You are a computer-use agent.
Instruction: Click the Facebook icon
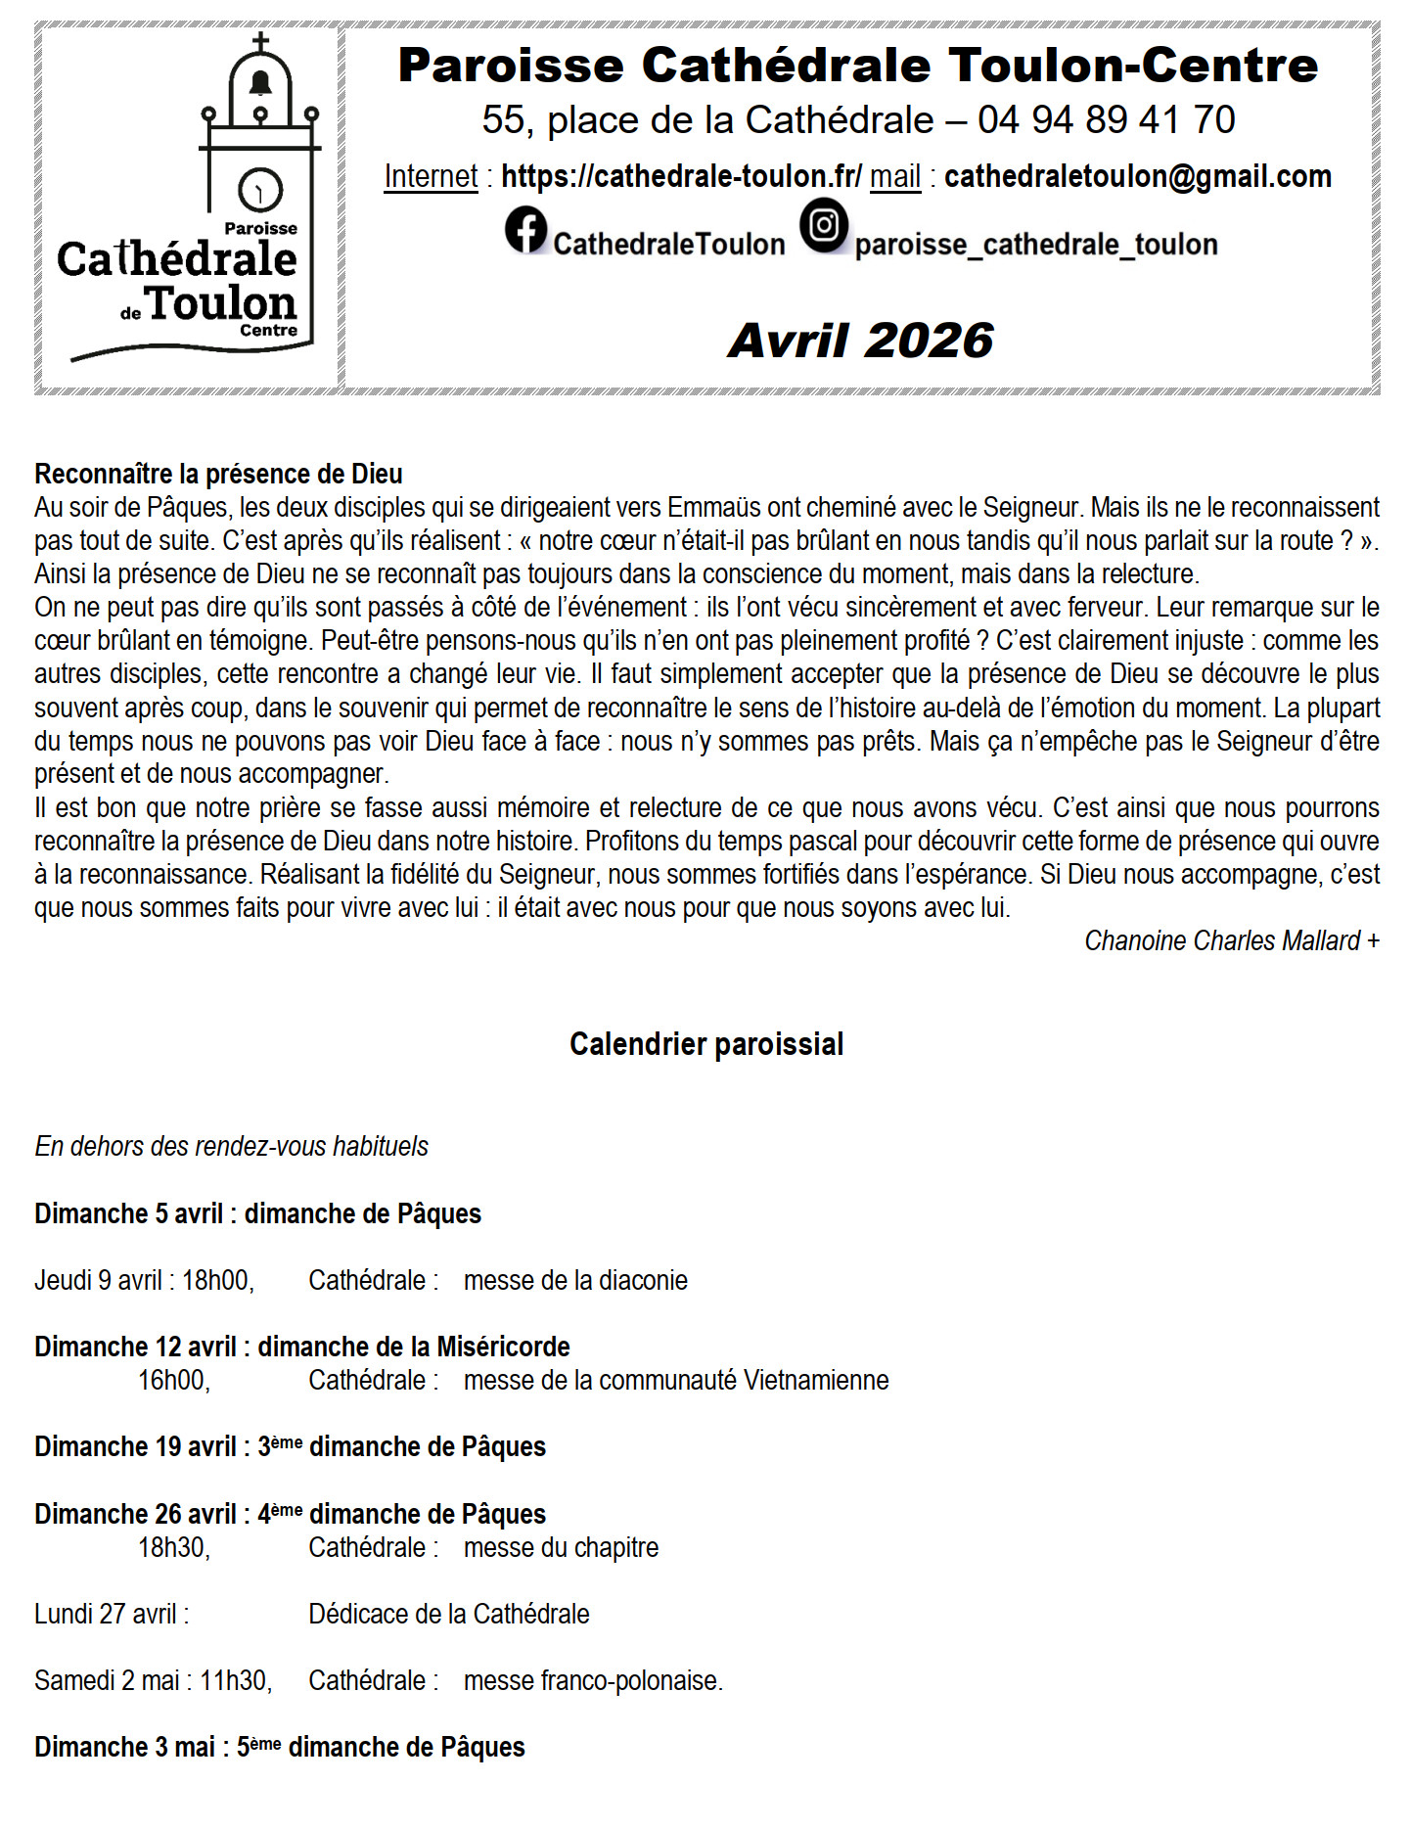tap(525, 230)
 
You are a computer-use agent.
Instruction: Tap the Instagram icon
tap(824, 225)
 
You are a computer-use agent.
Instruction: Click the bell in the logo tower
tap(260, 83)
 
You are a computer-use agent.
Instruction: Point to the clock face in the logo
tap(260, 189)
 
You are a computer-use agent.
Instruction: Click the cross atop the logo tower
tap(260, 42)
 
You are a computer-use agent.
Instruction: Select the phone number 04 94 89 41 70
tap(1106, 120)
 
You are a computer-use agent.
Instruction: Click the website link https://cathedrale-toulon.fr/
tap(681, 176)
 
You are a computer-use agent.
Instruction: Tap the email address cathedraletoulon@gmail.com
tap(1137, 176)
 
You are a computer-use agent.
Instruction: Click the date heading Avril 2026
tap(860, 341)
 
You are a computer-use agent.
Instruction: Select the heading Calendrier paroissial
tap(705, 1044)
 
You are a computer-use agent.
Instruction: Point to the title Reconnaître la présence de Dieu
tap(218, 474)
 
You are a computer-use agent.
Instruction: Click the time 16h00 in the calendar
tap(173, 1380)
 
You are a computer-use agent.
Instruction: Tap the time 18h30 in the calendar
tap(173, 1547)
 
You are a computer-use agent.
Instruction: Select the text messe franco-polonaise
tap(592, 1680)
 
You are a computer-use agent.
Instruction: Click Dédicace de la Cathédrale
tap(448, 1614)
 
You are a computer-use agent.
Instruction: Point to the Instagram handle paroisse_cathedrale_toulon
tap(1035, 245)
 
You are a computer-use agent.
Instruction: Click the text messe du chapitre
tap(561, 1547)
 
